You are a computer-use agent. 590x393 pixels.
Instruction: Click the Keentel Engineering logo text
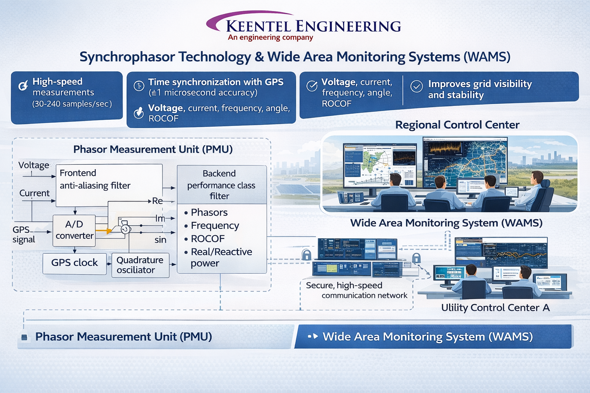(313, 26)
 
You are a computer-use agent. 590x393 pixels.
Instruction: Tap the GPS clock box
(75, 263)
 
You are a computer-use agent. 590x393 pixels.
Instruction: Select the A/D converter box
(74, 230)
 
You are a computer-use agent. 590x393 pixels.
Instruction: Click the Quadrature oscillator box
(140, 265)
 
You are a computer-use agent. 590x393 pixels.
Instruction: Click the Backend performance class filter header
(221, 185)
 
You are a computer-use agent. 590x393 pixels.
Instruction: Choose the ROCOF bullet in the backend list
(207, 239)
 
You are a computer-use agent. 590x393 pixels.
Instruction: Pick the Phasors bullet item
(209, 212)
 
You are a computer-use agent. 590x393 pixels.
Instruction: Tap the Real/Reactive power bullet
(221, 257)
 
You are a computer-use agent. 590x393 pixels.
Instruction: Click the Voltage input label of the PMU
(34, 165)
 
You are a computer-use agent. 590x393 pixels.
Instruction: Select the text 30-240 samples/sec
(72, 104)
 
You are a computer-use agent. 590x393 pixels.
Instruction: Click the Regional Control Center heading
(457, 125)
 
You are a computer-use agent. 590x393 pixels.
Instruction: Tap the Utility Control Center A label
(495, 308)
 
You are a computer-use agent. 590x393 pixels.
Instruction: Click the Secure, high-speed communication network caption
(356, 291)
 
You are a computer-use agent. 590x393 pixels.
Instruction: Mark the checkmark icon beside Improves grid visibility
(416, 86)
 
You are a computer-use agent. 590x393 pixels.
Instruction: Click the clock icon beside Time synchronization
(139, 86)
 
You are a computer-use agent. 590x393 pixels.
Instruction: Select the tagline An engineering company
(270, 37)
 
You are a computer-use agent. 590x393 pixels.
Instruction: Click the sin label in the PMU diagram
(160, 240)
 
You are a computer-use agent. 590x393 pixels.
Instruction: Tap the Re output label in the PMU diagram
(157, 201)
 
